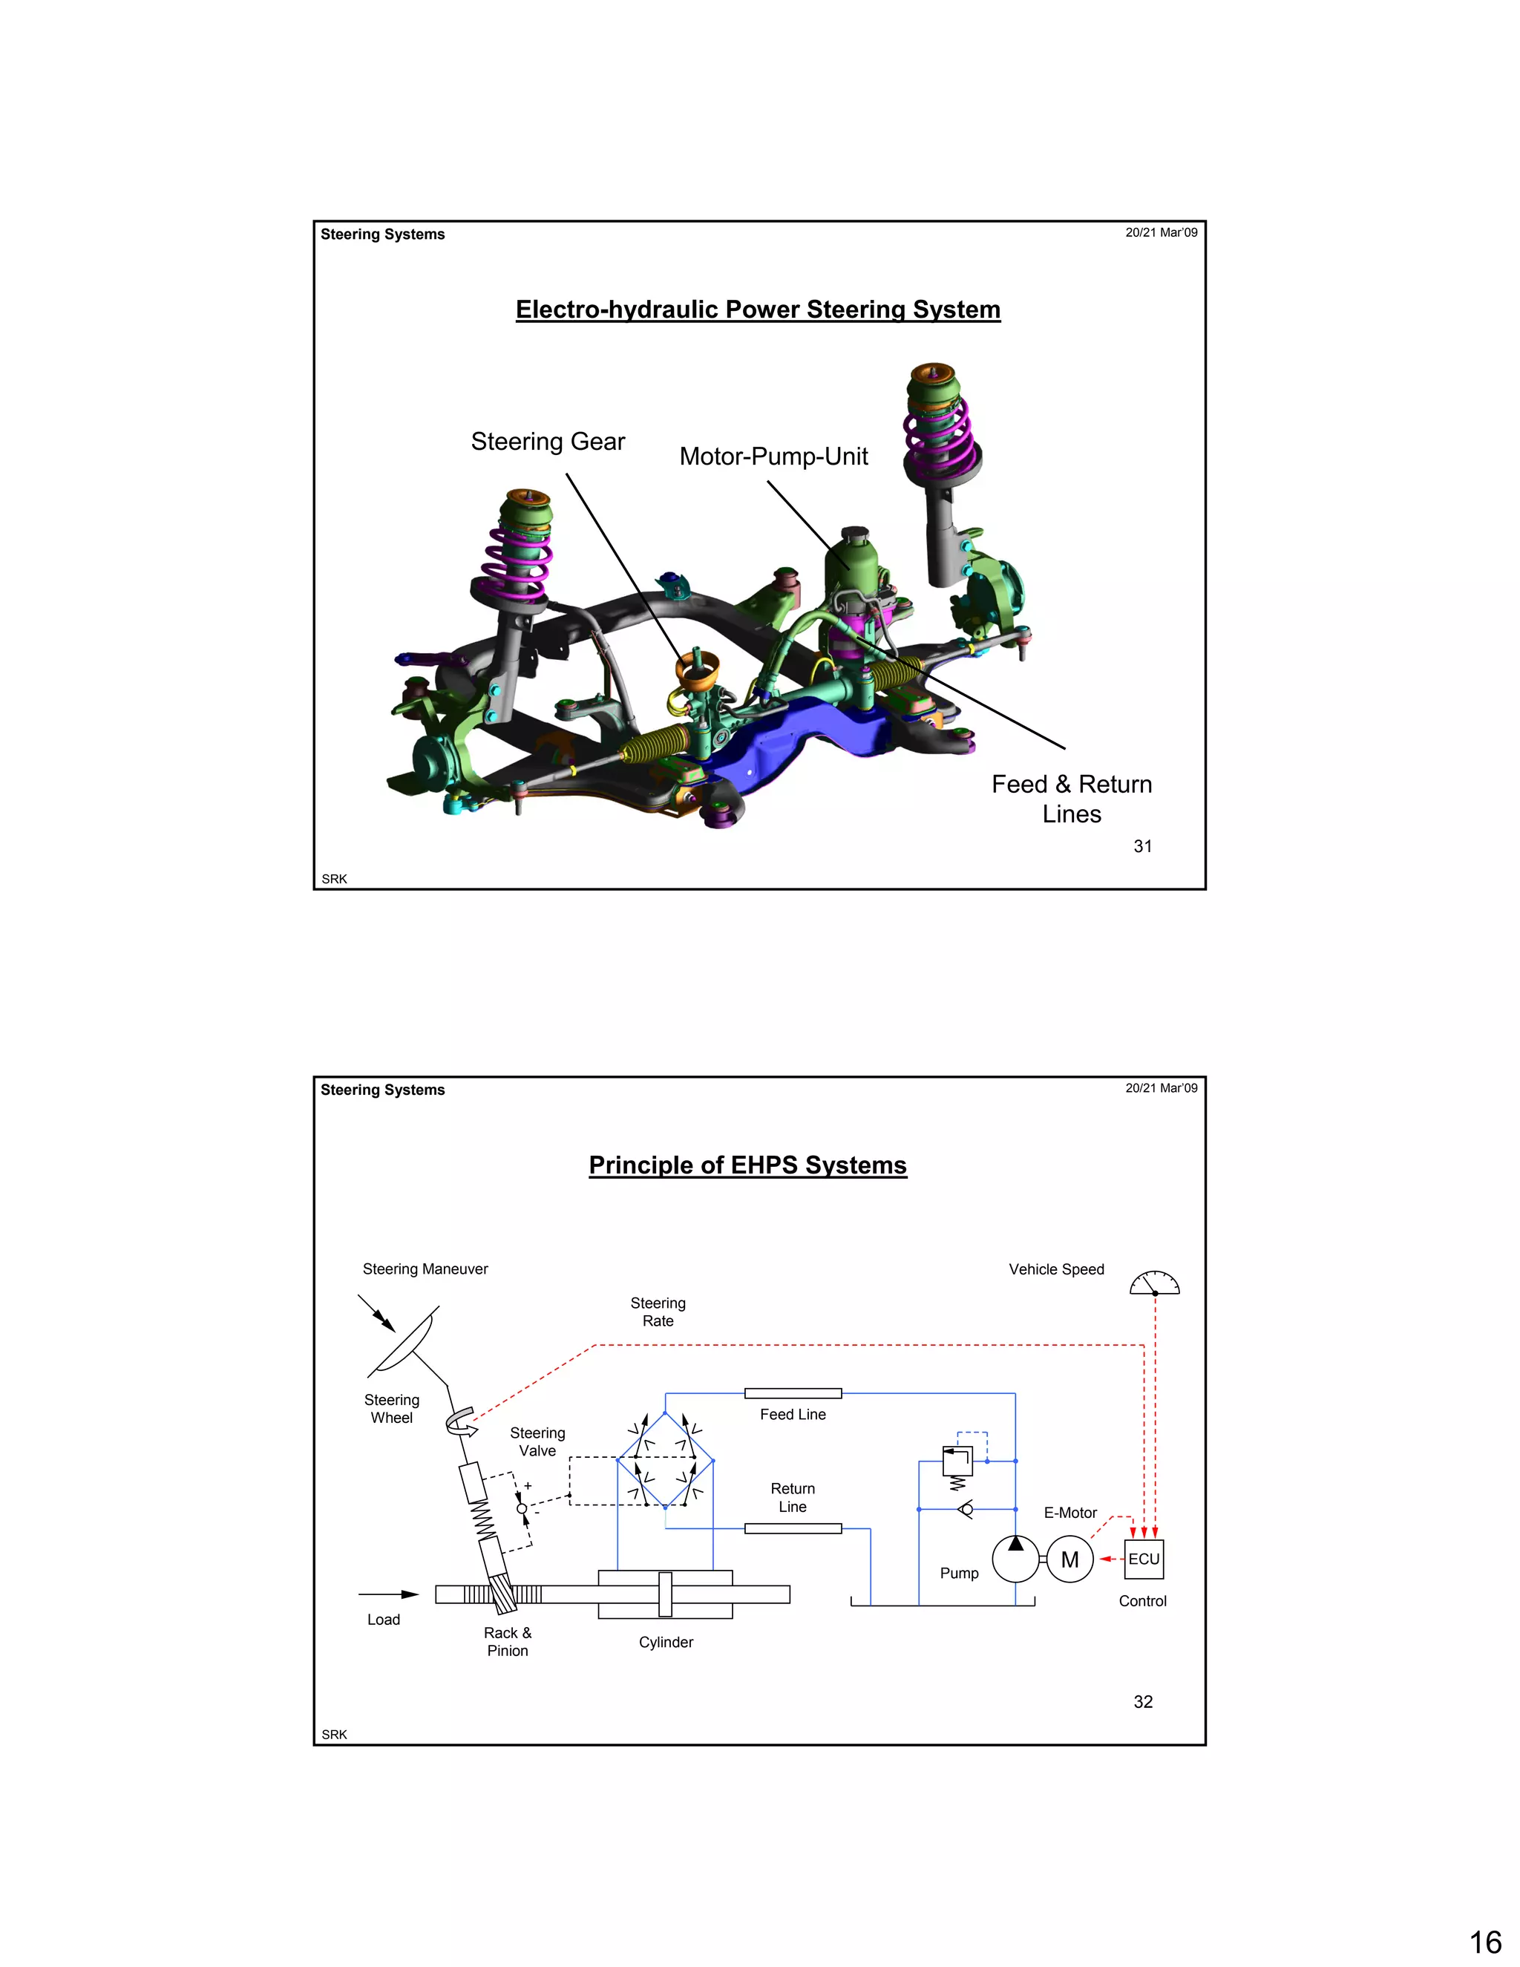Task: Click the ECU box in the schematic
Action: point(1144,1559)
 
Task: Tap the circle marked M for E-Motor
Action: point(1069,1559)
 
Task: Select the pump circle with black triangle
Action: point(1016,1559)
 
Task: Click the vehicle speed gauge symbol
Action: point(1154,1283)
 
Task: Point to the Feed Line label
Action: point(793,1415)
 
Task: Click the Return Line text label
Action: point(793,1498)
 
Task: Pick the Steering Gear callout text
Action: point(548,442)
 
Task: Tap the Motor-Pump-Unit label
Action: point(773,456)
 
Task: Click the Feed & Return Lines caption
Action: point(1072,799)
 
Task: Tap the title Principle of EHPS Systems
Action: point(747,1165)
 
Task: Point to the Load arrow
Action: point(389,1594)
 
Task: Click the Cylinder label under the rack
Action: point(666,1642)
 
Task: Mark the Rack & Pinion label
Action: point(507,1641)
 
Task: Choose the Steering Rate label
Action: point(658,1312)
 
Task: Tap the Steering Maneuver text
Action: point(425,1269)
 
